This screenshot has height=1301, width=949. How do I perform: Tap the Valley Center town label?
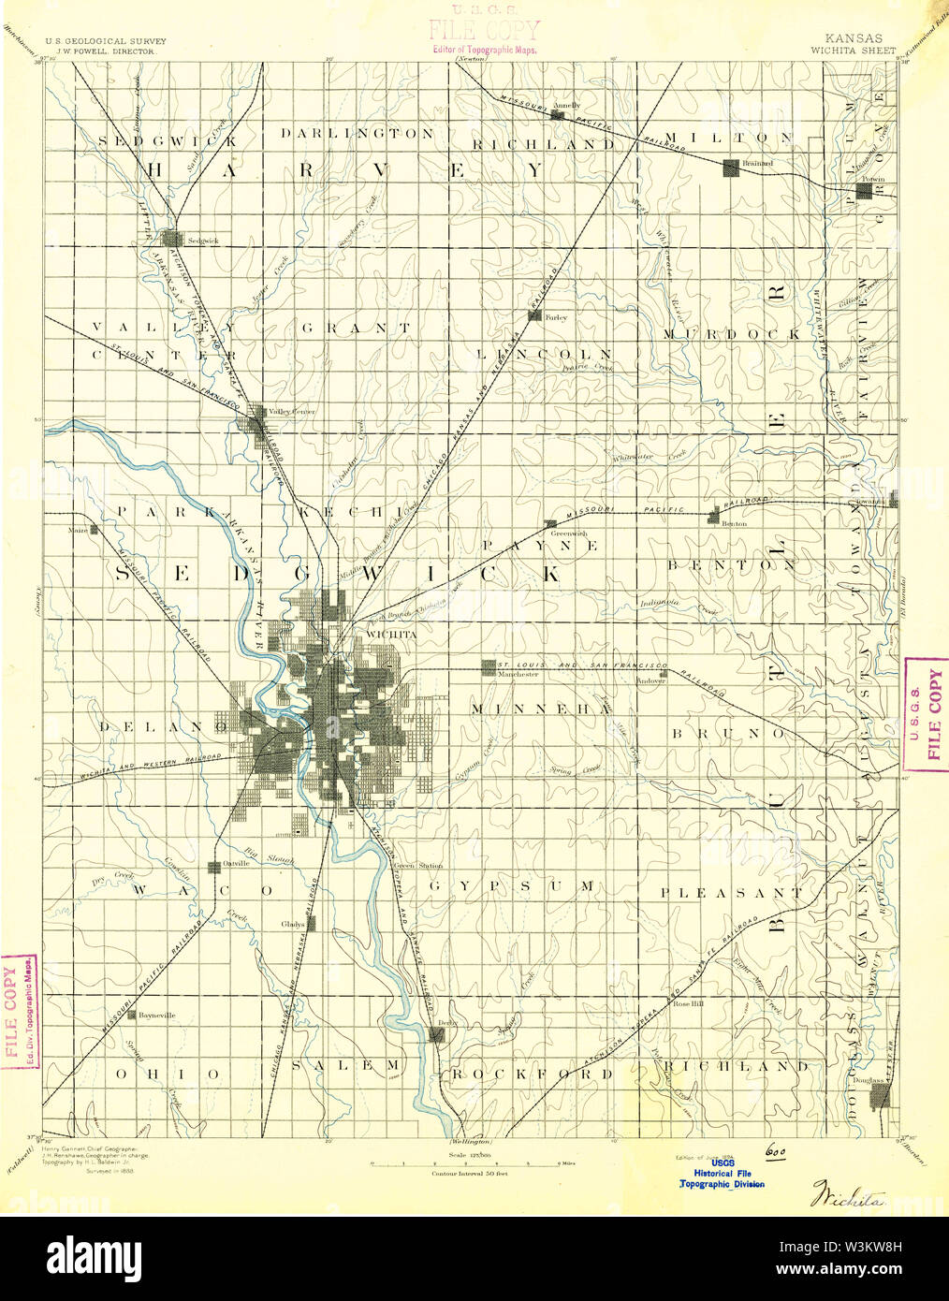[x=291, y=412]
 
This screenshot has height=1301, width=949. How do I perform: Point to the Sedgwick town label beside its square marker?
[x=203, y=241]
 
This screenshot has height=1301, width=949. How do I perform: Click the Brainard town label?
[x=757, y=163]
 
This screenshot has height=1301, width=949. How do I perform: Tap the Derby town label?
[x=447, y=1023]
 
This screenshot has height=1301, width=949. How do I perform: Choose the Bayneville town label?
[x=156, y=1016]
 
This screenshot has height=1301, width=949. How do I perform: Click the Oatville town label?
[x=236, y=864]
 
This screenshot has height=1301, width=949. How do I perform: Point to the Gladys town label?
[x=293, y=925]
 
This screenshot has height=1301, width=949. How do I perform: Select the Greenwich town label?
[x=569, y=534]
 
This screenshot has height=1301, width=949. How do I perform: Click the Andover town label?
[x=650, y=681]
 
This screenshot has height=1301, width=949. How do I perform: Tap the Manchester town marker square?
[x=488, y=666]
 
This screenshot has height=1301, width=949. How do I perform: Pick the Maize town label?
[x=79, y=530]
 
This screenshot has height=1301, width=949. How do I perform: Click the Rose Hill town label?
[x=688, y=1003]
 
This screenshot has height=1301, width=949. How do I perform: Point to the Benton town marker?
[x=714, y=516]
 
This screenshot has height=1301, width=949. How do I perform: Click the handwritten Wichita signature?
[x=841, y=1193]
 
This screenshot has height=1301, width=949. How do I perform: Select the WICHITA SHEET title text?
[x=853, y=50]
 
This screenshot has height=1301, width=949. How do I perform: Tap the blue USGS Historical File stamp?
[x=722, y=1173]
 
